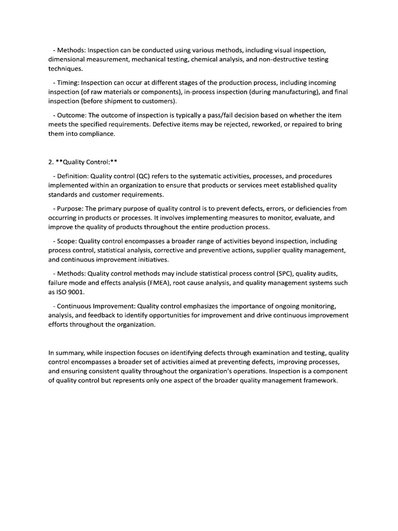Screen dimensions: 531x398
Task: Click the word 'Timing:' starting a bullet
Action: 68,82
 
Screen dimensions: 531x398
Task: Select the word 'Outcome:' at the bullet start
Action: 72,115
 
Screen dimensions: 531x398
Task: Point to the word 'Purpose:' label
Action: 70,208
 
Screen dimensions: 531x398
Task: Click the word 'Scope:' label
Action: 66,241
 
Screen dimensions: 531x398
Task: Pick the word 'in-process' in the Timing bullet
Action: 201,92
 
